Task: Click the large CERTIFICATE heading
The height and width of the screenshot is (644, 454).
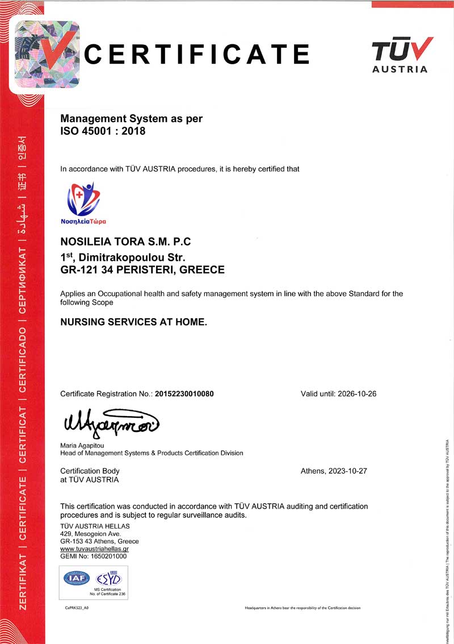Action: pyautogui.click(x=196, y=55)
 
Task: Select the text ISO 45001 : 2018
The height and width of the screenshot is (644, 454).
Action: pyautogui.click(x=103, y=131)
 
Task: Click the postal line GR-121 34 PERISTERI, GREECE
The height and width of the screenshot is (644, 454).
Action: pyautogui.click(x=142, y=270)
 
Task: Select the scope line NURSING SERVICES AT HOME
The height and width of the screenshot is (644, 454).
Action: pyautogui.click(x=133, y=322)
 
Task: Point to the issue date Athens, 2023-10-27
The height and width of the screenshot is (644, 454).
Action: pyautogui.click(x=334, y=471)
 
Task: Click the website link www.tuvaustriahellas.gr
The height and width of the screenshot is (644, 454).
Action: pyautogui.click(x=94, y=549)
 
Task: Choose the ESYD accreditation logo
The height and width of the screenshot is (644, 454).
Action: pyautogui.click(x=109, y=579)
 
